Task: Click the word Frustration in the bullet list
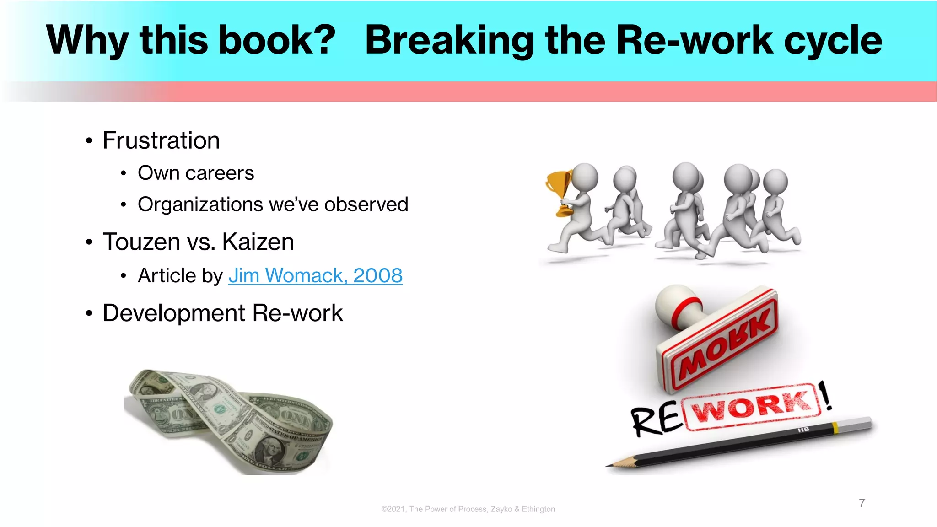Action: tap(161, 140)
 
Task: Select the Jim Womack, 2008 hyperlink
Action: tap(315, 275)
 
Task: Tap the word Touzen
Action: tap(141, 242)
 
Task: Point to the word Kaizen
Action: tap(258, 242)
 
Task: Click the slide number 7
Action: tap(862, 503)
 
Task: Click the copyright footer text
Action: tap(468, 509)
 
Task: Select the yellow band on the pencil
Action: tap(835, 428)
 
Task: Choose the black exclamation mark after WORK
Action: tap(825, 396)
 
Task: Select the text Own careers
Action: tap(196, 173)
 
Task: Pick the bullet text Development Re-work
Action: tap(223, 313)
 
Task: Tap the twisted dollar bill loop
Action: tap(229, 421)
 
